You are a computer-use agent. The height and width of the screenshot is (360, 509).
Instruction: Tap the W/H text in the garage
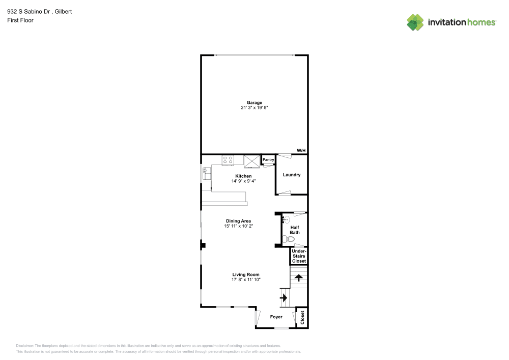pos(301,151)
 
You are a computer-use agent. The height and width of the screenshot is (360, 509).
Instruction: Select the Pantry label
pos(268,160)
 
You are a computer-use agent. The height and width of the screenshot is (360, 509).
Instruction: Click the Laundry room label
pos(292,175)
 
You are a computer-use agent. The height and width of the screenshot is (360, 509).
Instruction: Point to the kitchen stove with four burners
pos(228,160)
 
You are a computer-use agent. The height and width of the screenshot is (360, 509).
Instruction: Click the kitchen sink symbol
pos(207,173)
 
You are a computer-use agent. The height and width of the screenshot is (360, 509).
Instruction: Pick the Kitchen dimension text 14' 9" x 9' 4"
pos(243,181)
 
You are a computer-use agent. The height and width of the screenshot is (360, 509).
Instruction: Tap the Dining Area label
pos(239,221)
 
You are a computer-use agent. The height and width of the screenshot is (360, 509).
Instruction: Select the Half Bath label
pos(295,230)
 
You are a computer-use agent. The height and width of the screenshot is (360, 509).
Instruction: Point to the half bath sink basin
pos(286,220)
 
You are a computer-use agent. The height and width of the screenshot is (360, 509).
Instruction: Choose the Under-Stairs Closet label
pos(299,256)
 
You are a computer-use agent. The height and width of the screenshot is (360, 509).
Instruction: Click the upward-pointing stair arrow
pos(299,278)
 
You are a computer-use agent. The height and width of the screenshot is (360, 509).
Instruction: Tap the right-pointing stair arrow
pos(284,297)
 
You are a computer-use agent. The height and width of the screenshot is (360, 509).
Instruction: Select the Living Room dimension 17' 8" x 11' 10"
pos(246,280)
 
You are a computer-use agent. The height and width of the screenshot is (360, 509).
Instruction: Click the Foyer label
pos(276,317)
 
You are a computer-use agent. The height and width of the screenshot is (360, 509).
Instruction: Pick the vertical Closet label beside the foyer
pos(302,318)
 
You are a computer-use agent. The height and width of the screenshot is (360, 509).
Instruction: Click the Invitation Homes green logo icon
pos(415,22)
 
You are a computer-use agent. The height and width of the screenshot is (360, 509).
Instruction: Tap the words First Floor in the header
pos(20,20)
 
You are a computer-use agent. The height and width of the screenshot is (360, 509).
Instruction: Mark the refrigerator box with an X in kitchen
pos(251,161)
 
